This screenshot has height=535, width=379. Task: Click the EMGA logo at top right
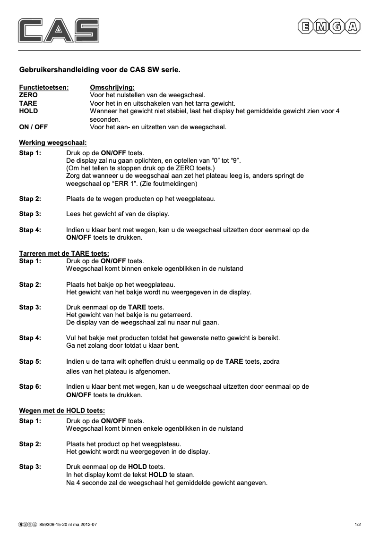coord(328,27)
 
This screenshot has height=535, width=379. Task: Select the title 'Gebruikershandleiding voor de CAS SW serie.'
coord(100,70)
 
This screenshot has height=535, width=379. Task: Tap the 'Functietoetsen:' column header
coord(43,87)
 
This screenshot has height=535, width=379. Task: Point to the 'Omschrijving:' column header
coord(112,87)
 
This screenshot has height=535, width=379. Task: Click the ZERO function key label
coord(28,95)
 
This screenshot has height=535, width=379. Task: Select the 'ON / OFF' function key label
coord(33,127)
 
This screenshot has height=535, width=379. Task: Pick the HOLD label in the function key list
coord(28,111)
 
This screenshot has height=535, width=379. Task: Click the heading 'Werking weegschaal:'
coord(52,142)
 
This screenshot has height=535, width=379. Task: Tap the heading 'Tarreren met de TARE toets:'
coord(64,253)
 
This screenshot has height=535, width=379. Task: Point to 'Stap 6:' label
coord(30,386)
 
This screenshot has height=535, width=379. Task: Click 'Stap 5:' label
coord(30,361)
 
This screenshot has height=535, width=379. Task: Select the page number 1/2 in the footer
coord(358,524)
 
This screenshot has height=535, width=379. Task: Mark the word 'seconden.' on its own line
coord(105,119)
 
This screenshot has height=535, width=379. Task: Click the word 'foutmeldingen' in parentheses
coord(173,184)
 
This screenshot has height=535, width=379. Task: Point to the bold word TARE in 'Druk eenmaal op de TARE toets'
coord(137,307)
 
